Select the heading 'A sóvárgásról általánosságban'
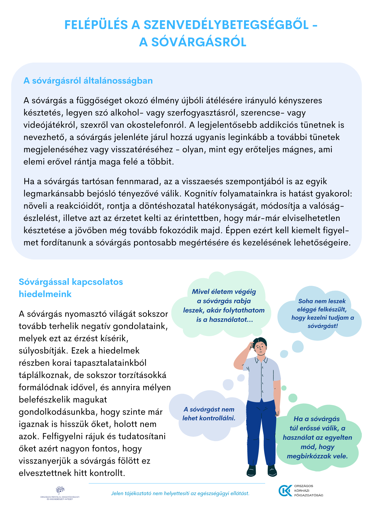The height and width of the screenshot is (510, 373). click(x=88, y=81)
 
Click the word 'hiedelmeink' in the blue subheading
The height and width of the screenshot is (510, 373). click(x=45, y=294)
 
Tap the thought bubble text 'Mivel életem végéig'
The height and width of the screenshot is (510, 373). click(x=224, y=291)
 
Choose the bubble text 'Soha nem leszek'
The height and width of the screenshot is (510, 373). click(x=322, y=301)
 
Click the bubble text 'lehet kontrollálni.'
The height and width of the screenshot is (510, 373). click(x=209, y=418)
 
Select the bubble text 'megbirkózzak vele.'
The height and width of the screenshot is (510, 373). click(x=317, y=456)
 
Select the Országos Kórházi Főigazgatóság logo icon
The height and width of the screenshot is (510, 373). click(x=285, y=491)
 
